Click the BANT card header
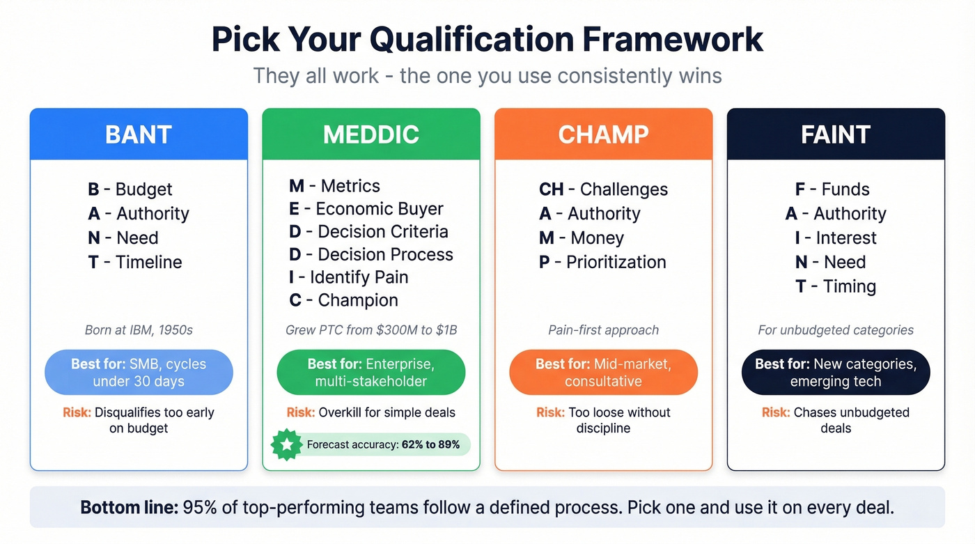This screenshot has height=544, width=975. point(139,134)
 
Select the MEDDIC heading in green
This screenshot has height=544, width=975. point(371,134)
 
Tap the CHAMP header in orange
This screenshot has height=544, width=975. point(603,134)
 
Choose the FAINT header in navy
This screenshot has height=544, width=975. point(836,134)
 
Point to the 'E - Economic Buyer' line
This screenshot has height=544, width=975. point(366,209)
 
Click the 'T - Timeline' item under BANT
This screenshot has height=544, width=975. point(135,263)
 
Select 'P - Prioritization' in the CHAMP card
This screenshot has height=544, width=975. point(603,263)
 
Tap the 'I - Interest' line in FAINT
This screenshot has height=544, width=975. point(836,238)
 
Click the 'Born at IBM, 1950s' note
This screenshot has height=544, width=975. point(139,330)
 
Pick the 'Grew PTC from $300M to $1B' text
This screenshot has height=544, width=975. point(371,330)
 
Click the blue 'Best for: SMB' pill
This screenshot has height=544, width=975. point(139,373)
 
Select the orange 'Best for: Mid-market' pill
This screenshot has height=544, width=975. point(603,373)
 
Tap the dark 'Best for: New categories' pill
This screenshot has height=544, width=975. point(836,373)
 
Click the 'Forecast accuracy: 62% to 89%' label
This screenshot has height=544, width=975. point(383,444)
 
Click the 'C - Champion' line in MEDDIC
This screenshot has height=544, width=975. point(344,301)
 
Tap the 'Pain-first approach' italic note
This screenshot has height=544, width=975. point(603,330)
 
